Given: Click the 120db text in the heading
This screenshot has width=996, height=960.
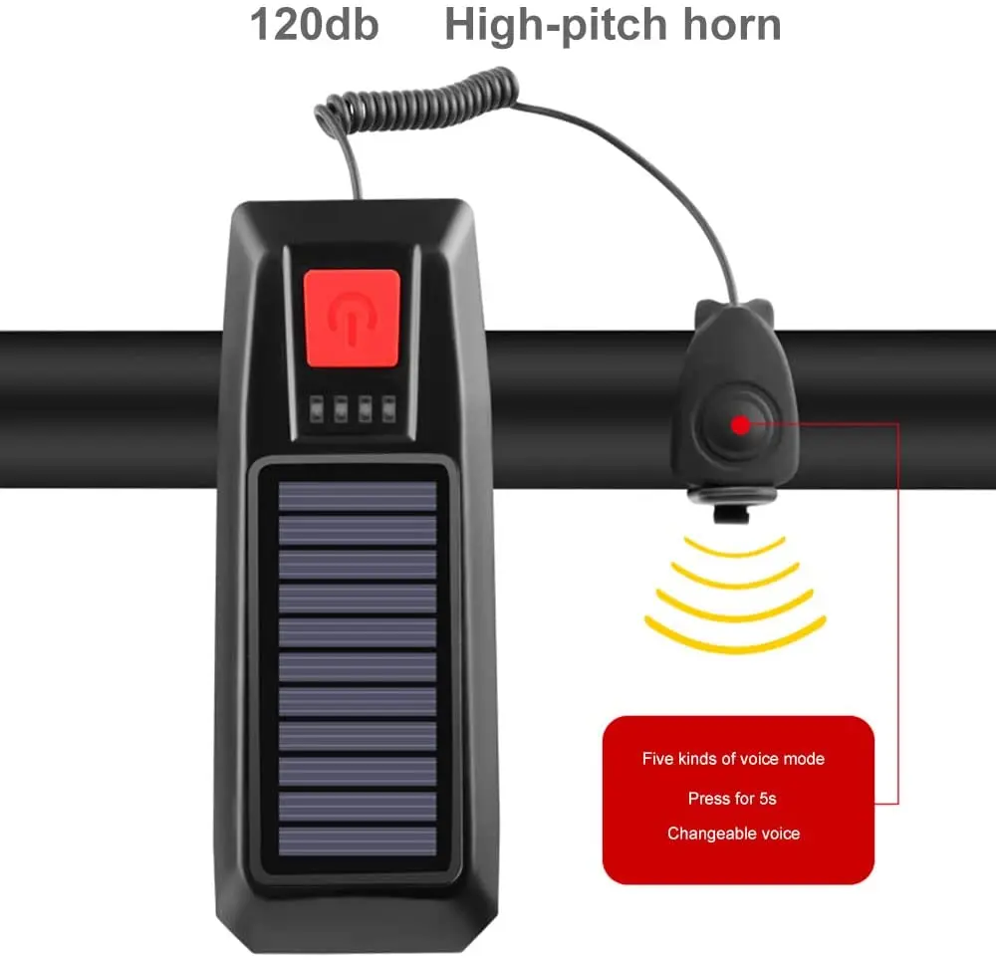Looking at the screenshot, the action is click(314, 25).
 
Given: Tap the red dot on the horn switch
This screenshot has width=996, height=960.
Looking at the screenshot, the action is click(739, 425).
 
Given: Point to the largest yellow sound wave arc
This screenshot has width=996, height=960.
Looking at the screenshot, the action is click(735, 638).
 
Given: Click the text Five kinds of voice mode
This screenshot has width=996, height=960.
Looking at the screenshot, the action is click(733, 759).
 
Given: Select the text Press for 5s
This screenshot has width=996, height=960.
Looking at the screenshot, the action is click(733, 799).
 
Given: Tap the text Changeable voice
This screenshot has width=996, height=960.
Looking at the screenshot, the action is click(733, 834).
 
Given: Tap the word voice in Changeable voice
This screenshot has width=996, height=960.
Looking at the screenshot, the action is click(779, 834).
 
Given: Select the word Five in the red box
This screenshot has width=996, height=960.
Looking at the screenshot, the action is click(657, 759).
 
